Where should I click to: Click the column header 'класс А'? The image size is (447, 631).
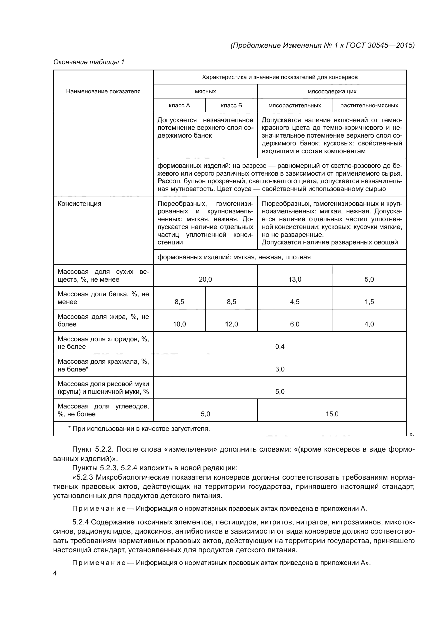(x=179, y=105)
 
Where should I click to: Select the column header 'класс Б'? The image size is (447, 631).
(x=232, y=105)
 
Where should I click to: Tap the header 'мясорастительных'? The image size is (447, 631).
(x=295, y=105)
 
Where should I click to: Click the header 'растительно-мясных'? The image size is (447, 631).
(x=369, y=105)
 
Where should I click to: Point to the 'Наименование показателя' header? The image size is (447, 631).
(x=103, y=91)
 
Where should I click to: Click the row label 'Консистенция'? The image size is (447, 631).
(x=79, y=204)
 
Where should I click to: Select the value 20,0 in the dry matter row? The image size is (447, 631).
(x=205, y=279)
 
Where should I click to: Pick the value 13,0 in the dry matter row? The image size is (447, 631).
(x=295, y=279)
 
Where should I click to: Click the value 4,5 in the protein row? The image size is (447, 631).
(x=295, y=302)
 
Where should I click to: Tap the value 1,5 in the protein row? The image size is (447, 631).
(x=369, y=302)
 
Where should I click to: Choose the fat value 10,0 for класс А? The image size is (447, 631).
(x=179, y=324)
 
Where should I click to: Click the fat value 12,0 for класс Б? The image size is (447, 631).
(x=232, y=324)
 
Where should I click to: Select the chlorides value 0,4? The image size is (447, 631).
(x=280, y=347)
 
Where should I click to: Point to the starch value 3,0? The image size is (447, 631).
(x=280, y=369)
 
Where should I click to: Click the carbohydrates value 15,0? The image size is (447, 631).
(x=332, y=414)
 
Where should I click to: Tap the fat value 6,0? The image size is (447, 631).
(x=295, y=324)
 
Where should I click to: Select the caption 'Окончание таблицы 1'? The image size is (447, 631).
(x=89, y=62)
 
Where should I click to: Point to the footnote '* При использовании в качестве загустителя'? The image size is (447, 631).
(x=139, y=429)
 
